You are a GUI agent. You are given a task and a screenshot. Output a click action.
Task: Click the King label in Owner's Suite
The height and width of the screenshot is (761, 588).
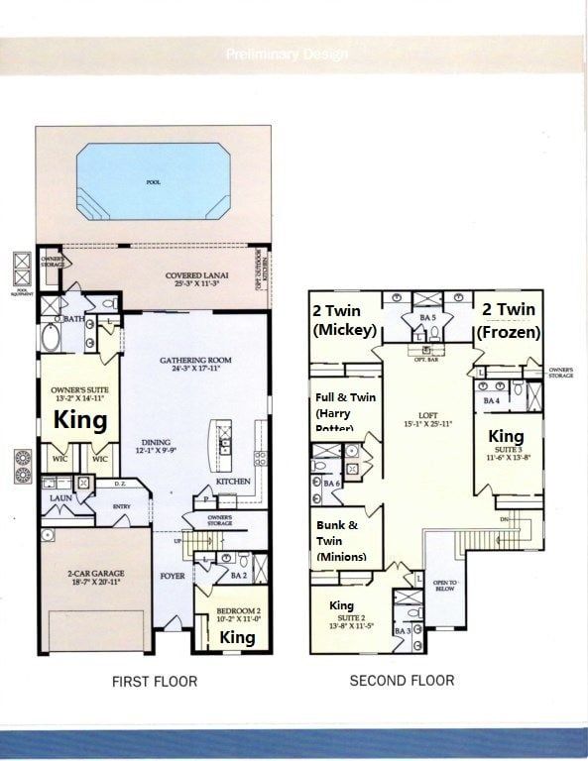[x=79, y=420]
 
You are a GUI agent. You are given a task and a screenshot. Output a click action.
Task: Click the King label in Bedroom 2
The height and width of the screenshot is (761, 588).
[x=236, y=637]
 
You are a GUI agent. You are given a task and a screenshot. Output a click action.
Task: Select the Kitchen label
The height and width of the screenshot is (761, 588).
[x=232, y=482]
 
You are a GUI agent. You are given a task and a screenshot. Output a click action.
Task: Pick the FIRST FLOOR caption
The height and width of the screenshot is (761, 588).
[x=156, y=681]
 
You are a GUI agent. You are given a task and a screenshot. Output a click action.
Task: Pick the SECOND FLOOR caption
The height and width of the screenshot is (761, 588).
[x=402, y=681]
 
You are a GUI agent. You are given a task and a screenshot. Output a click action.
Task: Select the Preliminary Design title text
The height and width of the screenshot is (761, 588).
[x=286, y=54]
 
